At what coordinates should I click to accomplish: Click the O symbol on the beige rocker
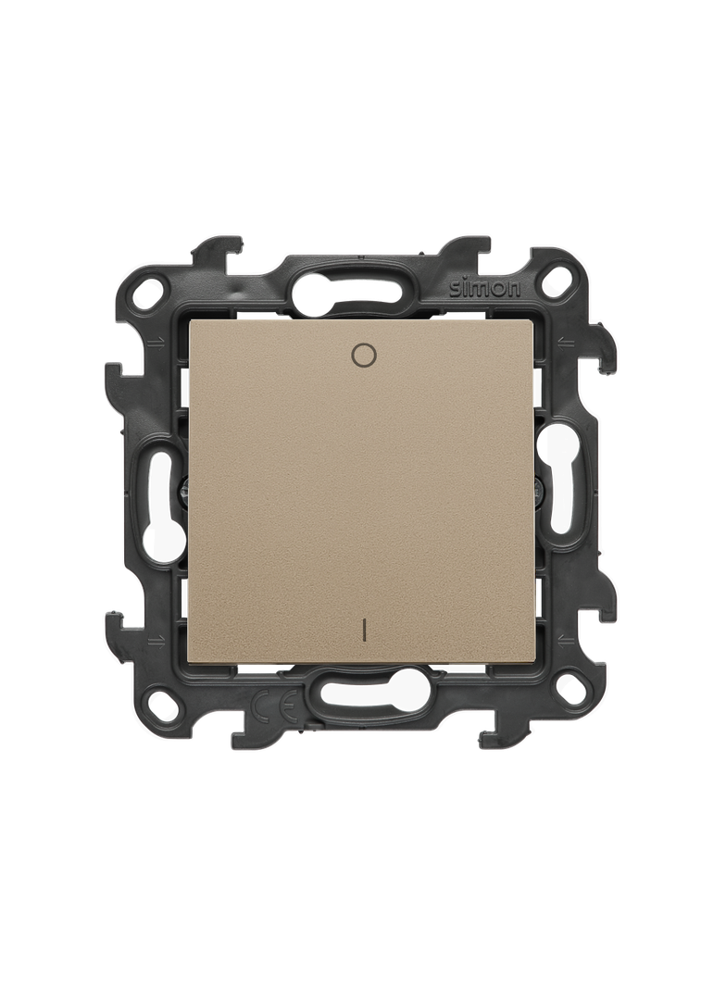click(363, 356)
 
